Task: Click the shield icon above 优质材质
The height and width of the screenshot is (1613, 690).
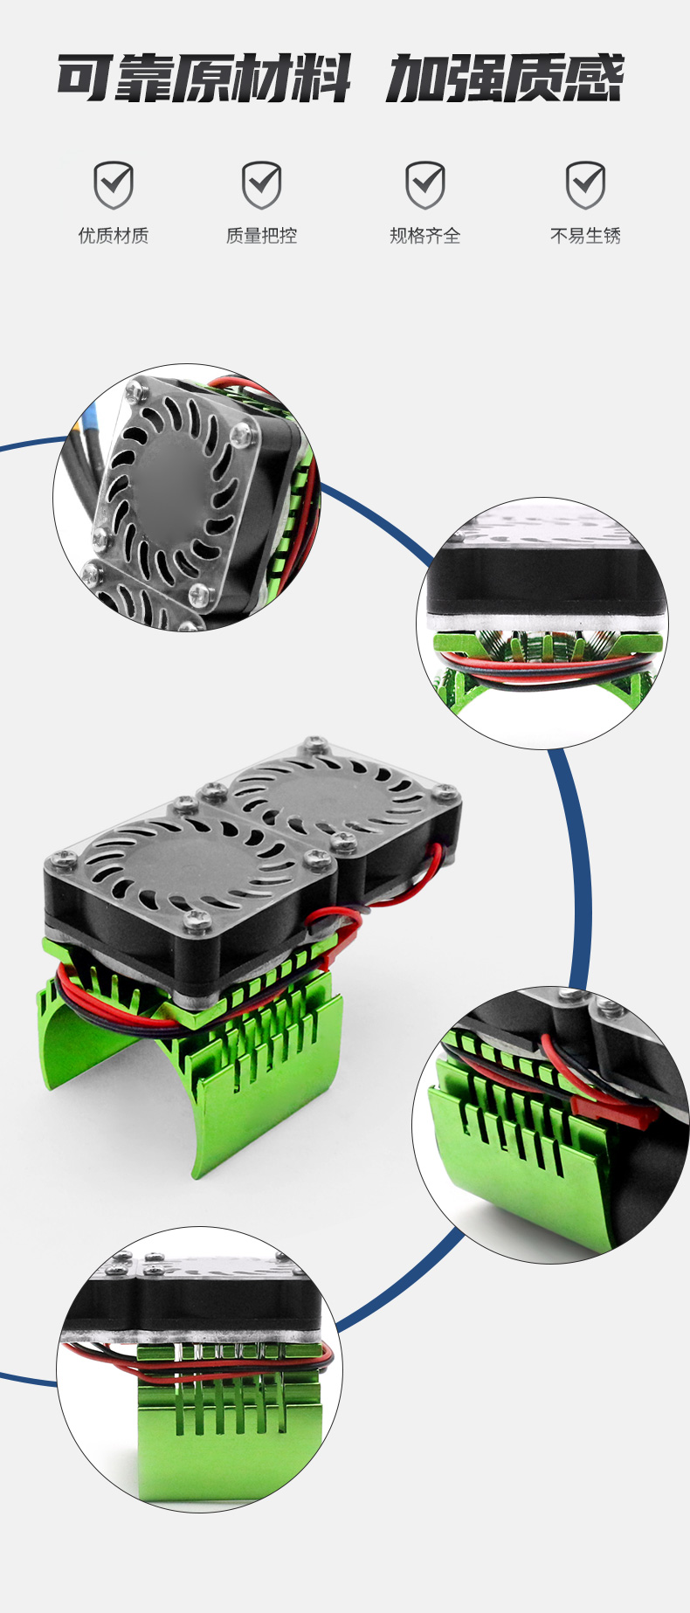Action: point(114,184)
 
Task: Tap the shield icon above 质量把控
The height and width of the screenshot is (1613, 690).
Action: point(261,184)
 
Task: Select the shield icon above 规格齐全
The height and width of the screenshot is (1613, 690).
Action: point(424,184)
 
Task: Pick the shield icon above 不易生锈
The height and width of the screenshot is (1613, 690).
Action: point(585,184)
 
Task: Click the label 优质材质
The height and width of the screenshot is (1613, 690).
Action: point(114,236)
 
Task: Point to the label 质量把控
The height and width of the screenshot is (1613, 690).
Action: point(261,236)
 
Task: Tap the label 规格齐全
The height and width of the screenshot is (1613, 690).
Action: point(424,236)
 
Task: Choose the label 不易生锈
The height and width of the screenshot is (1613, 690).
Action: point(585,236)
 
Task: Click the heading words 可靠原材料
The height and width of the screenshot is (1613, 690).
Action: point(204,79)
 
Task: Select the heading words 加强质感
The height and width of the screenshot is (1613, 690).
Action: point(505,79)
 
